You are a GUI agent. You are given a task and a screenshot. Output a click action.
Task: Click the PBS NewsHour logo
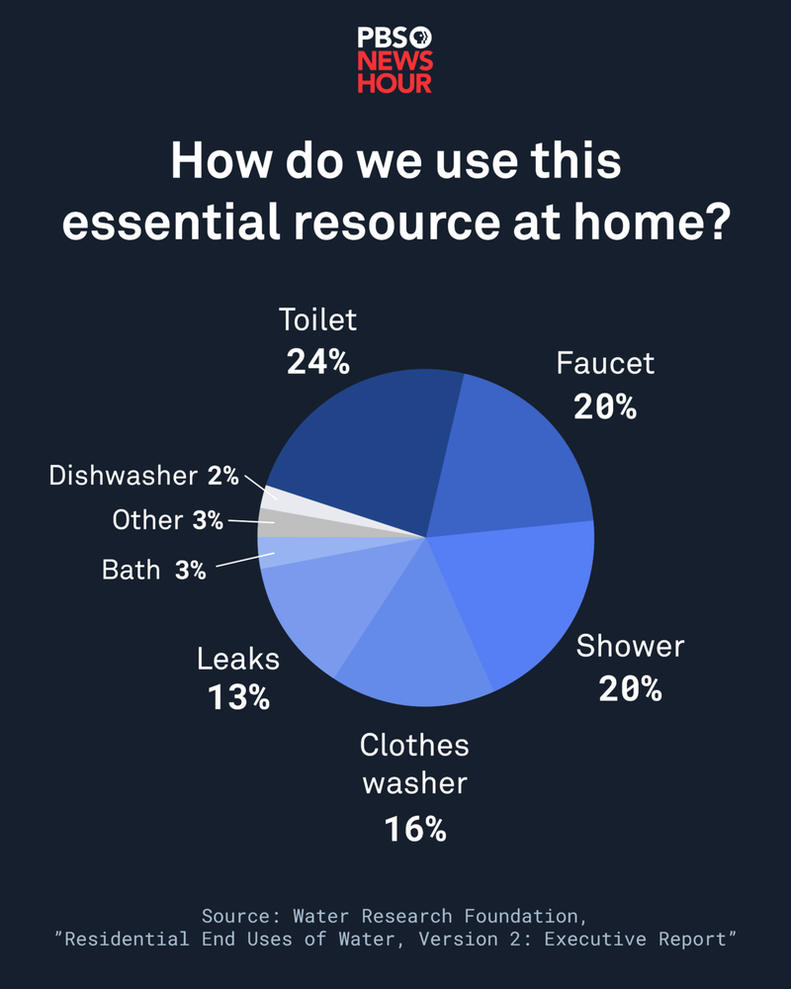pyautogui.click(x=395, y=60)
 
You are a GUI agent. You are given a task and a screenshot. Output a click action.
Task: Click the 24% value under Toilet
pyautogui.click(x=318, y=362)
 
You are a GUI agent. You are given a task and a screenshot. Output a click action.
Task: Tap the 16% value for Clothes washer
pyautogui.click(x=415, y=828)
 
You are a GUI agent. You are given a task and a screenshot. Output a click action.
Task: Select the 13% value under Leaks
pyautogui.click(x=238, y=697)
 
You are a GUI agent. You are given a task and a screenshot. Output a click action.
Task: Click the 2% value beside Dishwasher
pyautogui.click(x=223, y=476)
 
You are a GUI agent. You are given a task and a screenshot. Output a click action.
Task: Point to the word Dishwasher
pyautogui.click(x=124, y=476)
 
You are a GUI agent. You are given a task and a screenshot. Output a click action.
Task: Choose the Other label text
pyautogui.click(x=147, y=520)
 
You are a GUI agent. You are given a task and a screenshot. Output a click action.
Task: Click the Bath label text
pyautogui.click(x=131, y=570)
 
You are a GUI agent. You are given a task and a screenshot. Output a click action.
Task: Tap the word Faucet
pyautogui.click(x=605, y=363)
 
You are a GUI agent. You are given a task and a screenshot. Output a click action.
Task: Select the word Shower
pyautogui.click(x=630, y=647)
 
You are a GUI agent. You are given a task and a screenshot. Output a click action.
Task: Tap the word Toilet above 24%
pyautogui.click(x=317, y=320)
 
